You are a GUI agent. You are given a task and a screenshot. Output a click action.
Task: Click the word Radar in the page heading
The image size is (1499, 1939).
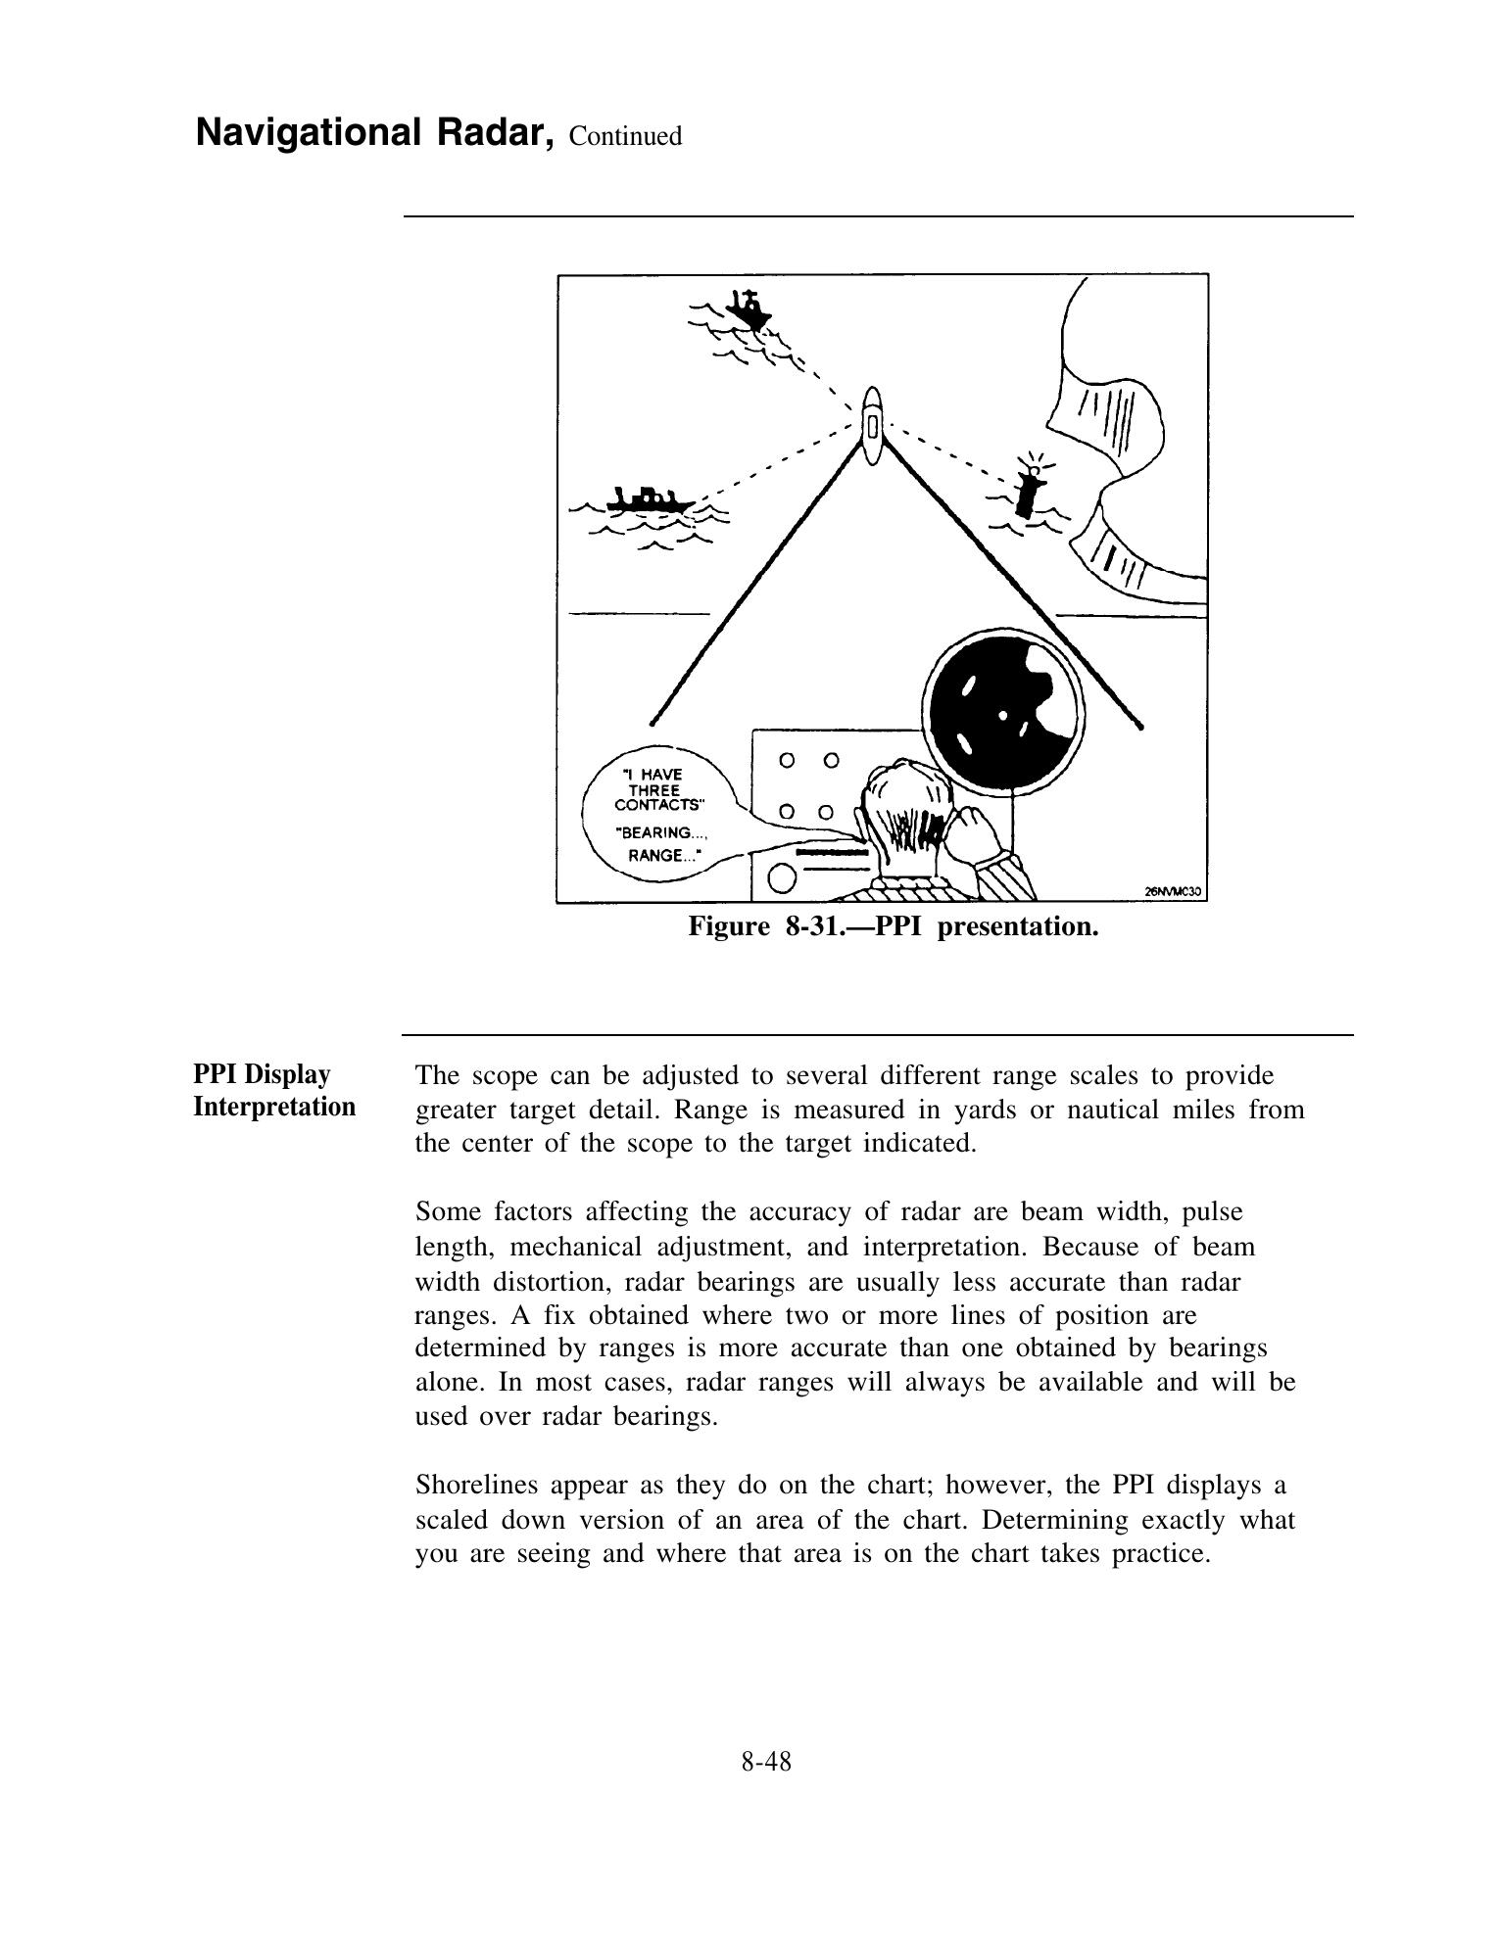coord(491,133)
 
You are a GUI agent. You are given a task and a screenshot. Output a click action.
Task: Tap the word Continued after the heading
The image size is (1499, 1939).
coord(625,136)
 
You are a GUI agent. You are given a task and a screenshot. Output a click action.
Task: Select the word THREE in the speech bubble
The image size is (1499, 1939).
coord(653,790)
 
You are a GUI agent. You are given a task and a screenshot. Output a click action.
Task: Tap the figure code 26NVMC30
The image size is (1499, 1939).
coord(1173,891)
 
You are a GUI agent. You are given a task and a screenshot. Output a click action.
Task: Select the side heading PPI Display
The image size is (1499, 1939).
coord(262,1074)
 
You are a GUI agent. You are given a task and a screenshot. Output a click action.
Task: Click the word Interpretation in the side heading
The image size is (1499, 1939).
coord(274,1107)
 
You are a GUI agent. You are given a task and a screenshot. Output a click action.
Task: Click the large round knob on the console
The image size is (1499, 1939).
coord(781,879)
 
